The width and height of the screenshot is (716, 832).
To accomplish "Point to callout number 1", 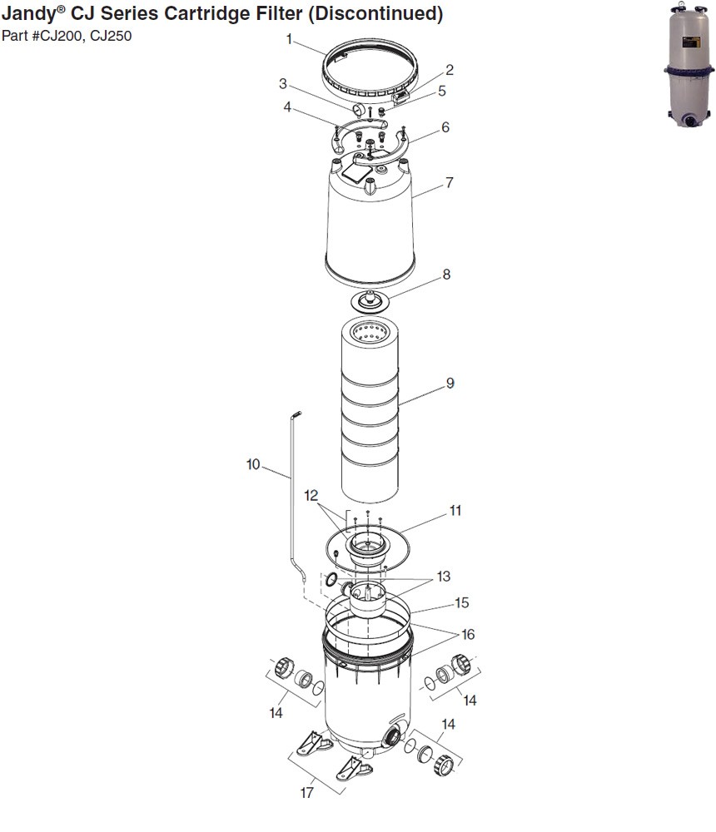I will (x=289, y=39).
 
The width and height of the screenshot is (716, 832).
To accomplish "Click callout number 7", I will (x=449, y=182).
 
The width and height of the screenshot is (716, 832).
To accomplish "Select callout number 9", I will (x=450, y=384).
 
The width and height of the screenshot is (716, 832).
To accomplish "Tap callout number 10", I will (x=253, y=464).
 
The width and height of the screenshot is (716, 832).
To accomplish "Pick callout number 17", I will (x=306, y=793).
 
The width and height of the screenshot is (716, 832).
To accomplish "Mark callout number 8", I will (x=446, y=274).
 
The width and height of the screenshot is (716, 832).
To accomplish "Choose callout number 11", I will (x=455, y=511).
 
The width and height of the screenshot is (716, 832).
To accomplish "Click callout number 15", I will (x=461, y=603).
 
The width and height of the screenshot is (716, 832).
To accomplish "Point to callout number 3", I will (x=283, y=84).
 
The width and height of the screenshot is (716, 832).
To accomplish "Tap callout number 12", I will (x=311, y=496).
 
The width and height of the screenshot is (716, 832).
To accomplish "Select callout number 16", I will (x=467, y=635).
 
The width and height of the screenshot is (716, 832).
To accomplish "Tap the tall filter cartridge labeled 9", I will (x=371, y=416).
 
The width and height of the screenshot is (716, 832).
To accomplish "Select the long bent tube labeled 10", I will (x=292, y=499).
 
